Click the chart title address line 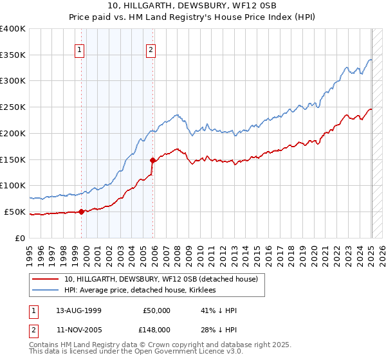(193, 6)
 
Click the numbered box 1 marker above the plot (79, 50)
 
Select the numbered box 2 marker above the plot (151, 50)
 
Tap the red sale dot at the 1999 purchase (82, 212)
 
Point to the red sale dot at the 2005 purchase (152, 160)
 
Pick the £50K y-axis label (15, 212)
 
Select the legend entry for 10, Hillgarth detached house (161, 279)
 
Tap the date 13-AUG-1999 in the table (78, 310)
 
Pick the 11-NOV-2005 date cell (78, 328)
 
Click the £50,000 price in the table (155, 310)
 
